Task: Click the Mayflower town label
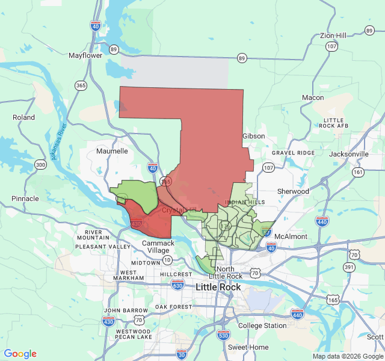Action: pos(85,55)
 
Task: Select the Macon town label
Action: pos(313,97)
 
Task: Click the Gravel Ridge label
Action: pos(293,153)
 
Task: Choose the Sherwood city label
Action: pos(293,191)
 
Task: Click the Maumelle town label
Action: pos(112,151)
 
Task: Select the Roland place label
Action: pos(23,117)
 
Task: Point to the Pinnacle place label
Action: pos(25,199)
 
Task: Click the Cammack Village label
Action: pos(158,247)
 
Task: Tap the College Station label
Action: pos(262,326)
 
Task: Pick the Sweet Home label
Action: pos(248,347)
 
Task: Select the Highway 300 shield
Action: pos(40,164)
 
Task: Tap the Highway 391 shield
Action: pos(350,267)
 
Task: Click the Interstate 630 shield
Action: pos(177,285)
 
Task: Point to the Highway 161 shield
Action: pos(358,172)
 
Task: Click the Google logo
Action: pos(20,354)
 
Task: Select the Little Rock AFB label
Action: pos(334,123)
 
